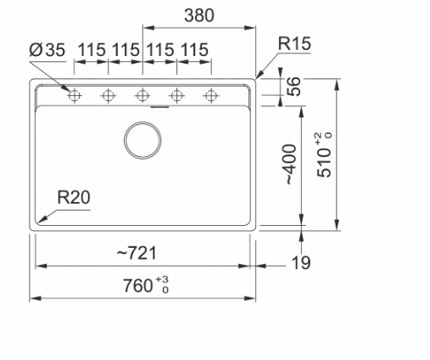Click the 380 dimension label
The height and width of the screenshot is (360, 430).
pyautogui.click(x=199, y=15)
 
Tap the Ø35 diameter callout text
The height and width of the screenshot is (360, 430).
pyautogui.click(x=47, y=50)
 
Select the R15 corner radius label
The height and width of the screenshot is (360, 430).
pyautogui.click(x=294, y=43)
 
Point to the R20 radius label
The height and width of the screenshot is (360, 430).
pyautogui.click(x=74, y=197)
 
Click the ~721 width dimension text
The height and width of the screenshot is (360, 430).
pyautogui.click(x=137, y=253)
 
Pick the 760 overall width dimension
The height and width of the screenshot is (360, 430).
pyautogui.click(x=137, y=285)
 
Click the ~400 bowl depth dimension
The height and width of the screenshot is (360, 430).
pyautogui.click(x=291, y=165)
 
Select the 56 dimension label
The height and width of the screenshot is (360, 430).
pyautogui.click(x=293, y=87)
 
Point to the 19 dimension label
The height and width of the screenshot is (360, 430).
pyautogui.click(x=301, y=263)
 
